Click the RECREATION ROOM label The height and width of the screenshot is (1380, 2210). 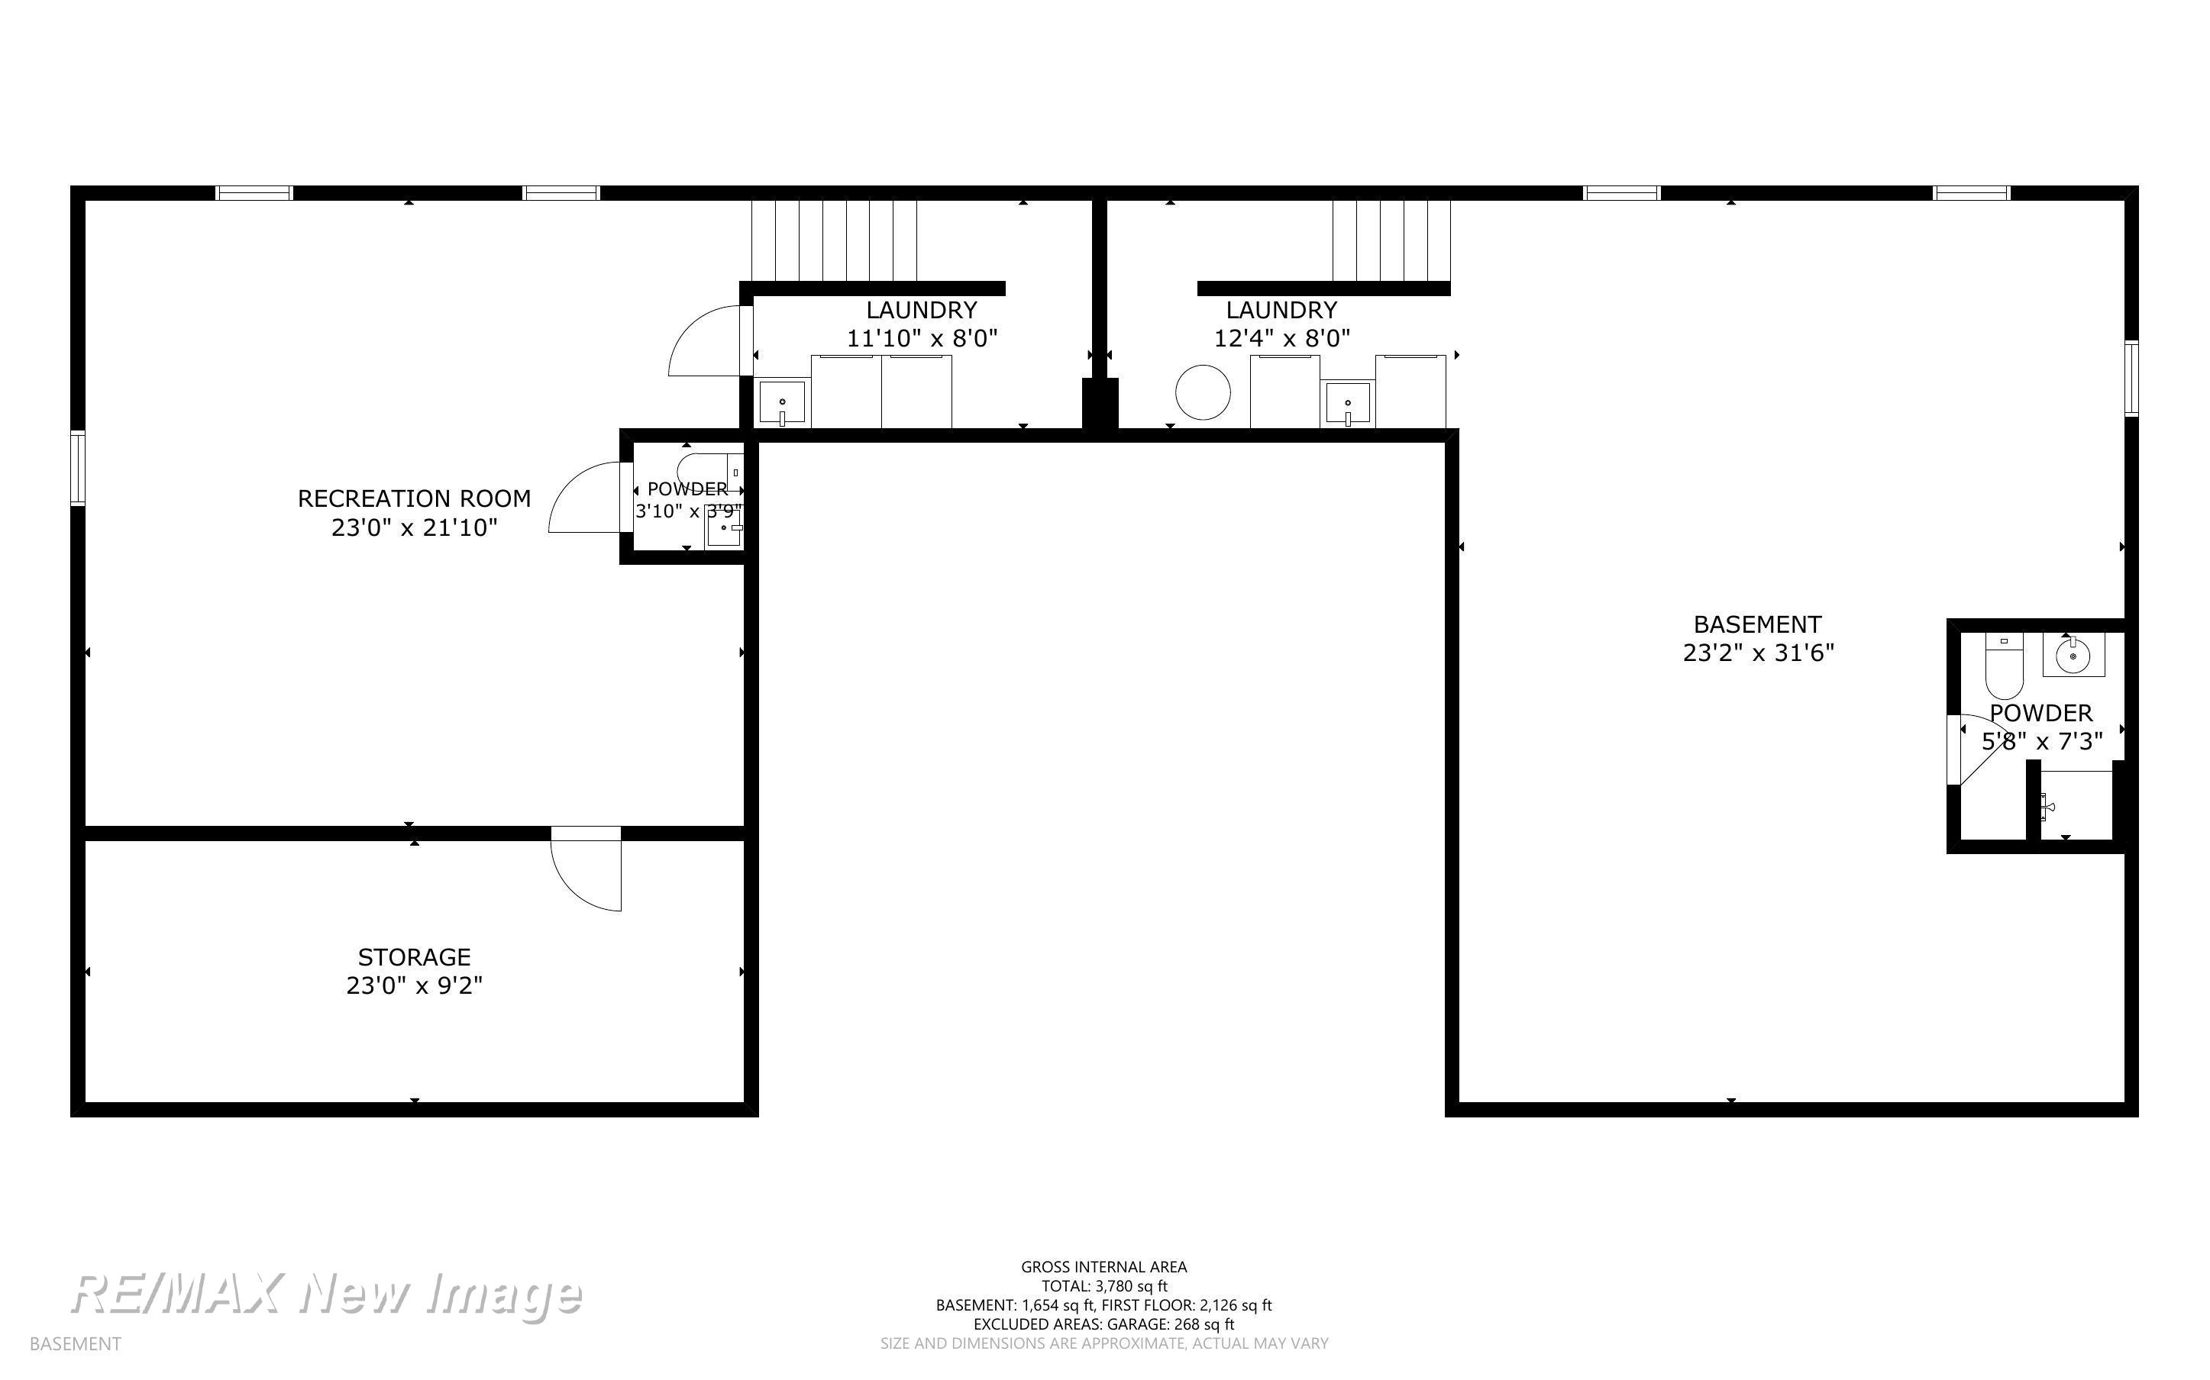click(x=414, y=498)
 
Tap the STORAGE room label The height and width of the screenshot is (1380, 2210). click(x=414, y=956)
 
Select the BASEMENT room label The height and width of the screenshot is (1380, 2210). click(x=1757, y=624)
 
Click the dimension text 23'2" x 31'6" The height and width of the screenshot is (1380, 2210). click(x=1758, y=653)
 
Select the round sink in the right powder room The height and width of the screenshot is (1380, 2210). click(x=2073, y=654)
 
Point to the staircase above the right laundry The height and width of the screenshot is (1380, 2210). click(x=1391, y=240)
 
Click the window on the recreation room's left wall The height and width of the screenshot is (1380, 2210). click(x=78, y=468)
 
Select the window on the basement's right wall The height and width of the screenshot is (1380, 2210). click(x=2131, y=378)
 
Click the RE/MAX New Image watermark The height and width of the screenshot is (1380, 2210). click(x=326, y=1295)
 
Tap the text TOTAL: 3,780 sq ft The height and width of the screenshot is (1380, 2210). click(x=1103, y=1286)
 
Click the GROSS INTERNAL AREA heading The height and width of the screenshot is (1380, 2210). click(x=1103, y=1267)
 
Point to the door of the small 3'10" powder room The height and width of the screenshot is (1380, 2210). click(x=584, y=498)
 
